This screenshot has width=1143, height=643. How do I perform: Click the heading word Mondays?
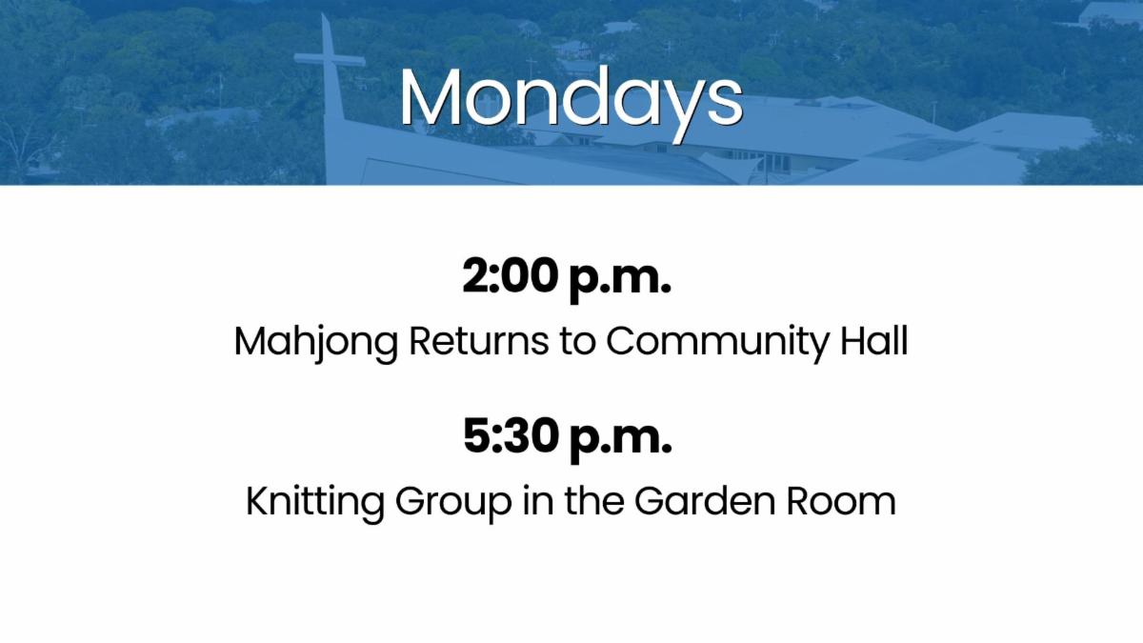(x=571, y=103)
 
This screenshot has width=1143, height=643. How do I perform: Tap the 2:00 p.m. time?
(x=567, y=279)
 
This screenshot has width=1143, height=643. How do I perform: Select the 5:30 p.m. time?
(x=568, y=439)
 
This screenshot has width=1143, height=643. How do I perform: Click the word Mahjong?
(x=316, y=343)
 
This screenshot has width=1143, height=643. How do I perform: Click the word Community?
(x=717, y=343)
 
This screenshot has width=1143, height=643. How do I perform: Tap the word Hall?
(x=874, y=340)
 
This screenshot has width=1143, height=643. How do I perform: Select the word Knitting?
(x=315, y=503)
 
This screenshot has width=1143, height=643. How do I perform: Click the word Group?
(x=453, y=503)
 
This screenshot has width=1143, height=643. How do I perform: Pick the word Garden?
(x=705, y=501)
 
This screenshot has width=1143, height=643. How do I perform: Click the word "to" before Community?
(x=577, y=342)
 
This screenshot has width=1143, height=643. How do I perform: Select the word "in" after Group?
(x=538, y=501)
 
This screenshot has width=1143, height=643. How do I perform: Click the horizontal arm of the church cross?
(x=331, y=60)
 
